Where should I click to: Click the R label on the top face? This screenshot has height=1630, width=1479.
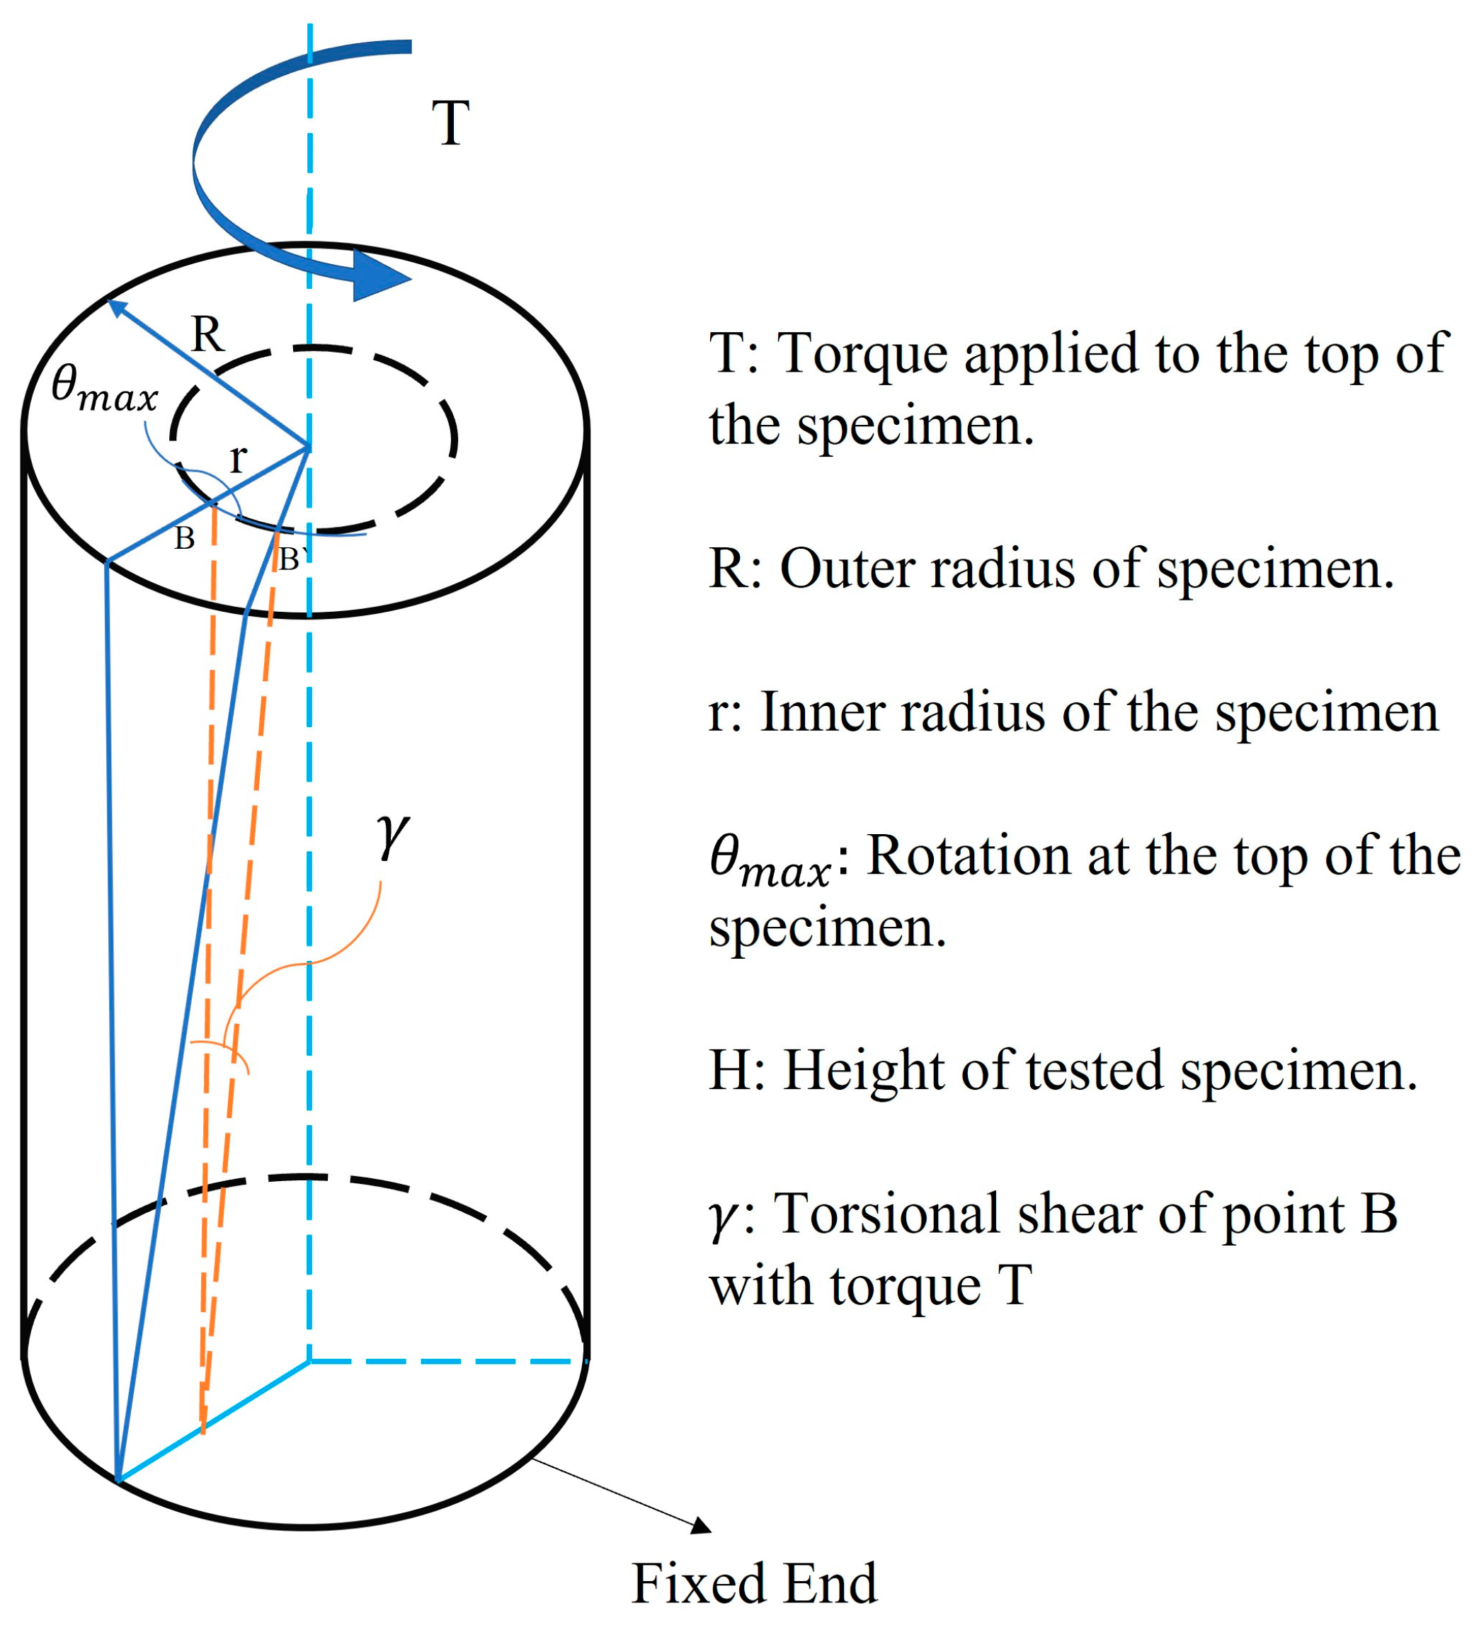(207, 334)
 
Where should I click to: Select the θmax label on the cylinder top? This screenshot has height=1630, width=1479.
(103, 389)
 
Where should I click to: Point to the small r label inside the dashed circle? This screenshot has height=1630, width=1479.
(237, 460)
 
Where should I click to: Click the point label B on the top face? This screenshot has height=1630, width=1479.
(184, 538)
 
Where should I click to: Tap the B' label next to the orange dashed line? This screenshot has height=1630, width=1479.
(291, 559)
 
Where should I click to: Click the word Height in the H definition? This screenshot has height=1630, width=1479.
(862, 1071)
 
